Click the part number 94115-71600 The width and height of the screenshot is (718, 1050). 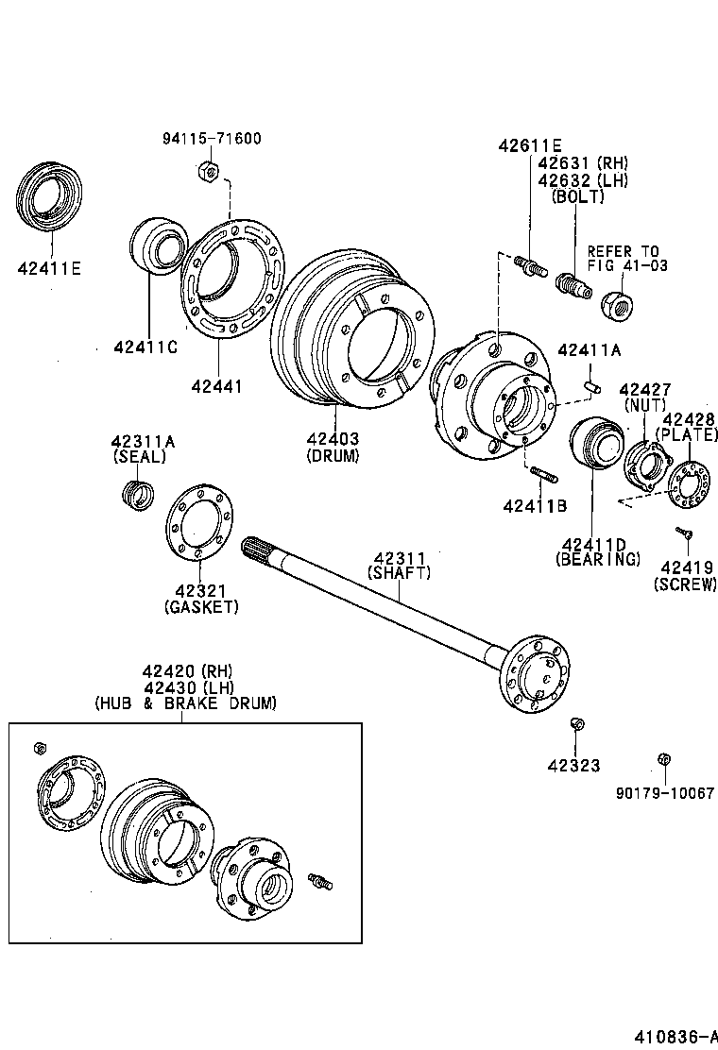(x=211, y=139)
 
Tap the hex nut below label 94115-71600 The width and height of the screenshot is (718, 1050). (x=210, y=171)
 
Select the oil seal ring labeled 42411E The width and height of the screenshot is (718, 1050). (x=48, y=198)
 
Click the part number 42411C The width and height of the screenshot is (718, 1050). (x=145, y=347)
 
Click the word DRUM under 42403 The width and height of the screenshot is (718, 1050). (x=333, y=455)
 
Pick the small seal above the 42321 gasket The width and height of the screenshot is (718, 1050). (x=139, y=492)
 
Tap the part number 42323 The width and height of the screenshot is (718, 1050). (x=574, y=766)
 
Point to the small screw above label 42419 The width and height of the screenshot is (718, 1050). (x=684, y=534)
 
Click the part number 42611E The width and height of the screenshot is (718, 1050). (x=530, y=145)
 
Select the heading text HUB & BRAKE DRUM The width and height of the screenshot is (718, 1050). (x=185, y=703)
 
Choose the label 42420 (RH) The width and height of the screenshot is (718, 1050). (x=187, y=671)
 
